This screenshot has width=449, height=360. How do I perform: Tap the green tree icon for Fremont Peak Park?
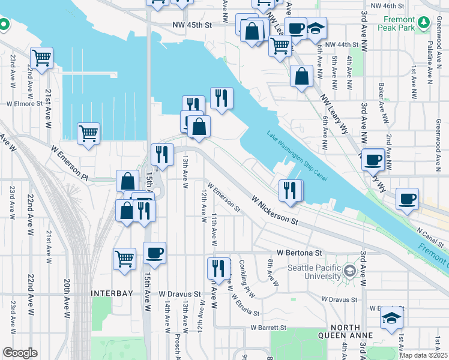[x=425, y=23]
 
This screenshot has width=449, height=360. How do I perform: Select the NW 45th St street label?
[x=192, y=26]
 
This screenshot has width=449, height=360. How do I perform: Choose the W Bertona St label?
[x=300, y=253]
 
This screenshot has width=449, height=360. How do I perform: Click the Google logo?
[x=19, y=353]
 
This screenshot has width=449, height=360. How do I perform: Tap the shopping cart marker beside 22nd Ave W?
[x=42, y=58]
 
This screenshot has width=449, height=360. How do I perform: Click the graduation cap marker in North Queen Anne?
[x=391, y=317]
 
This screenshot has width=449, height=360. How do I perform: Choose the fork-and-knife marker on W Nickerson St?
[x=291, y=190]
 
